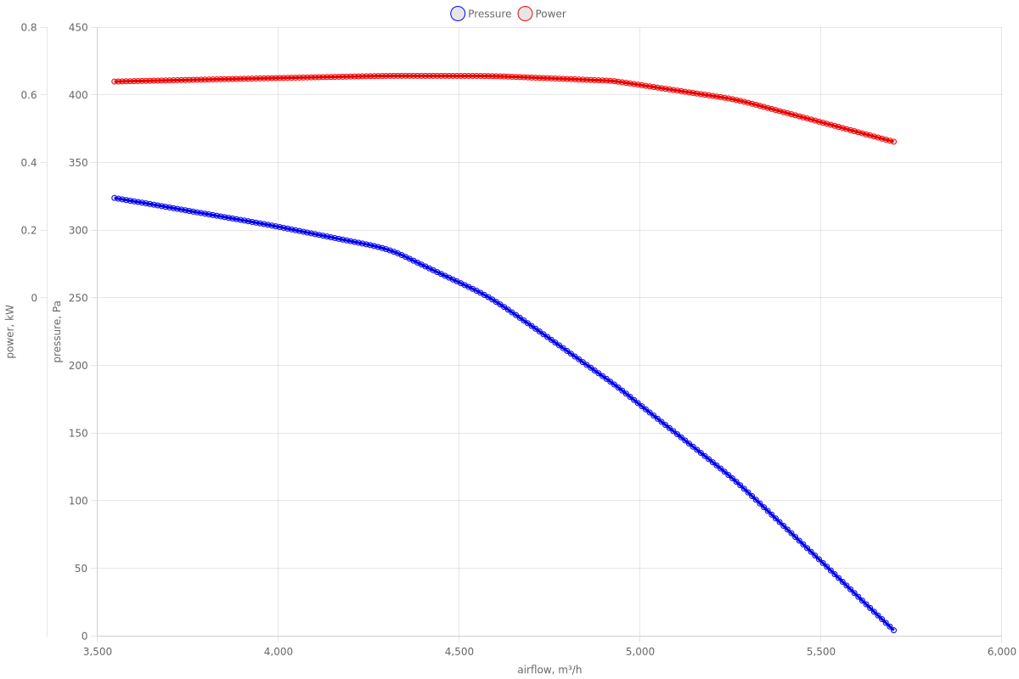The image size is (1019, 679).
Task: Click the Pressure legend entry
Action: pos(481,14)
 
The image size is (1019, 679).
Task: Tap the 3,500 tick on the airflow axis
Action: pos(98,651)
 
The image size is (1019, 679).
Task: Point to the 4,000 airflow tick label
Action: pos(279,651)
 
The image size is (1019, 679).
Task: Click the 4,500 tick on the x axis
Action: pos(459,651)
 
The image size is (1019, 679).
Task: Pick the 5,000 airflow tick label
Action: pos(640,651)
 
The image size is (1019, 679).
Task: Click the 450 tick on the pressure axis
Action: pos(78,27)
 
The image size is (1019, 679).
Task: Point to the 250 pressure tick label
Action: pos(78,298)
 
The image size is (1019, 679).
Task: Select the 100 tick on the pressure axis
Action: pos(78,501)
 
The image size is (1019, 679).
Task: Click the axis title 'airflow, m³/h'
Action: pos(549,670)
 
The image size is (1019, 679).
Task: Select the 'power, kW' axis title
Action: pos(10,332)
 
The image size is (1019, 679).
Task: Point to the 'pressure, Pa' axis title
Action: pos(58,332)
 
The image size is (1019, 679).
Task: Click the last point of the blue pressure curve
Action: pos(893,630)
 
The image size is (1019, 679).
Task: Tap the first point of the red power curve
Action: pos(115,81)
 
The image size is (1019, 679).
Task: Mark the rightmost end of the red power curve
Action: pos(893,142)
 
